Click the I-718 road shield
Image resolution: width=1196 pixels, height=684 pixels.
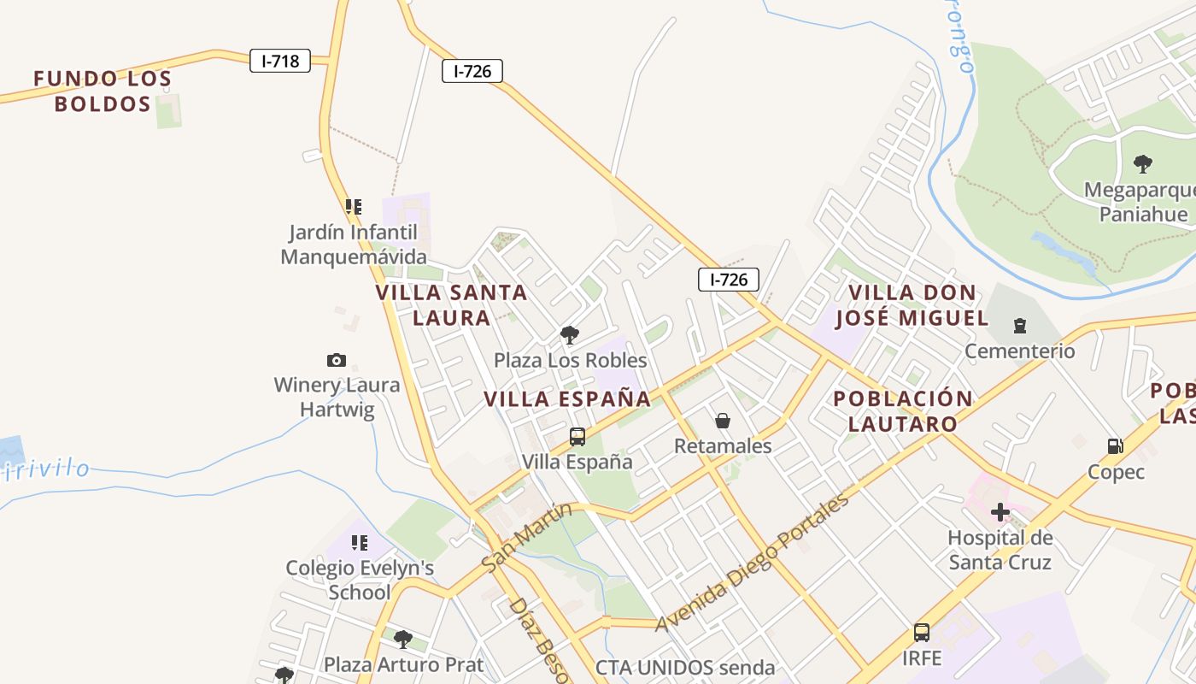pyautogui.click(x=280, y=61)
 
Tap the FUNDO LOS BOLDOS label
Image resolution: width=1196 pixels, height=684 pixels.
pyautogui.click(x=103, y=91)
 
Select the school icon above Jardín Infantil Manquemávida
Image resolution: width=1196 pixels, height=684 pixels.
pyautogui.click(x=353, y=206)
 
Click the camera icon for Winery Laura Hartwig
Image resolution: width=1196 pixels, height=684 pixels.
pyautogui.click(x=337, y=360)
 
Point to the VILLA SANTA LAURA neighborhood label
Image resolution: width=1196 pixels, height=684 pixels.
pyautogui.click(x=452, y=305)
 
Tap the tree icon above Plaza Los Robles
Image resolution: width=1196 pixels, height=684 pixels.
pyautogui.click(x=570, y=334)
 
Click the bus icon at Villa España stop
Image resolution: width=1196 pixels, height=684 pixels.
pyautogui.click(x=577, y=437)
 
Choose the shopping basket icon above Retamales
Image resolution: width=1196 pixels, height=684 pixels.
pyautogui.click(x=723, y=421)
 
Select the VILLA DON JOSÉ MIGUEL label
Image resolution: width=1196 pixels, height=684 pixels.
pyautogui.click(x=912, y=305)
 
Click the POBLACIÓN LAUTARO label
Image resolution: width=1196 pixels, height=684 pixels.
pyautogui.click(x=903, y=411)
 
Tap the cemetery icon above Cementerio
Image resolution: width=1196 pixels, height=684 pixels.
pyautogui.click(x=1019, y=326)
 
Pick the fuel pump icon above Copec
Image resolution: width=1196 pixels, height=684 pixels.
pyautogui.click(x=1115, y=445)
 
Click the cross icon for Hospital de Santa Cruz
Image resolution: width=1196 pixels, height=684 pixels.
pyautogui.click(x=1000, y=512)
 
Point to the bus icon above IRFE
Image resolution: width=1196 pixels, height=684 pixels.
pyautogui.click(x=922, y=633)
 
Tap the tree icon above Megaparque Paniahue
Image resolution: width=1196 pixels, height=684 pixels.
pyautogui.click(x=1142, y=163)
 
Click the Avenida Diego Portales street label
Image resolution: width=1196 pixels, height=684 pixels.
pyautogui.click(x=753, y=562)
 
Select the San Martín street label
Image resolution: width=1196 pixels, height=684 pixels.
pyautogui.click(x=526, y=537)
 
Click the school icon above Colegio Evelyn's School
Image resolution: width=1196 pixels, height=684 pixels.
pyautogui.click(x=360, y=542)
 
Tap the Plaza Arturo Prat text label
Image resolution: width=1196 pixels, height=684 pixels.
pyautogui.click(x=403, y=664)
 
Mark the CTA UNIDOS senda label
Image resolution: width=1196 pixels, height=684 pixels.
pyautogui.click(x=685, y=668)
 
